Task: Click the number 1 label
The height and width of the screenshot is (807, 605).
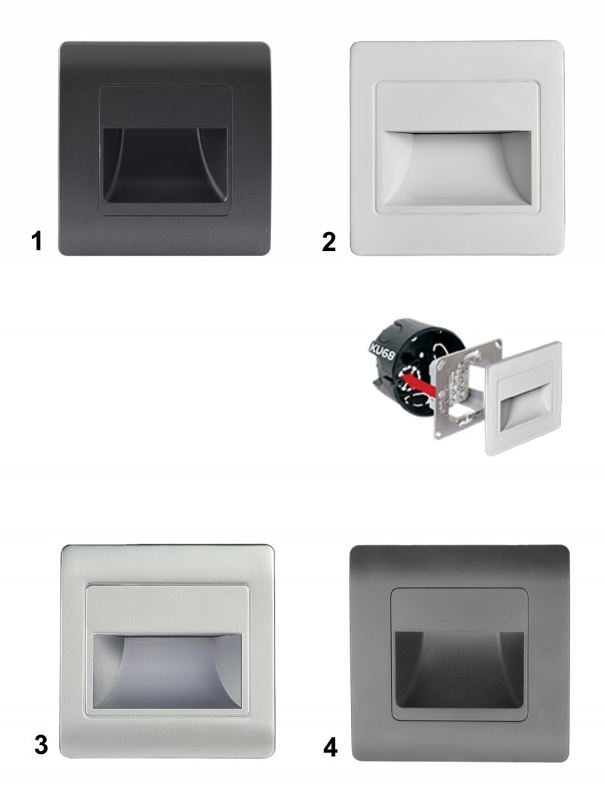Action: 36,241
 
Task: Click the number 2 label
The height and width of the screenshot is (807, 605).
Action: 329,242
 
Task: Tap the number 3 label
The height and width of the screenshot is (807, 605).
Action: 41,745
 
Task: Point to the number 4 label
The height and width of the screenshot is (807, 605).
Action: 330,747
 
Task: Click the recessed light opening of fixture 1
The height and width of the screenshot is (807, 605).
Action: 165,165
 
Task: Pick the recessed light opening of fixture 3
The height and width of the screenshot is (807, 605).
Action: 168,671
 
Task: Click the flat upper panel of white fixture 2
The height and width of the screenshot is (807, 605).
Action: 457,106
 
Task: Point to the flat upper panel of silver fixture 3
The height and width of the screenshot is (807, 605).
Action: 168,610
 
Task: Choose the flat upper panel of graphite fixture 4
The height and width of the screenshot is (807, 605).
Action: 459,610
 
